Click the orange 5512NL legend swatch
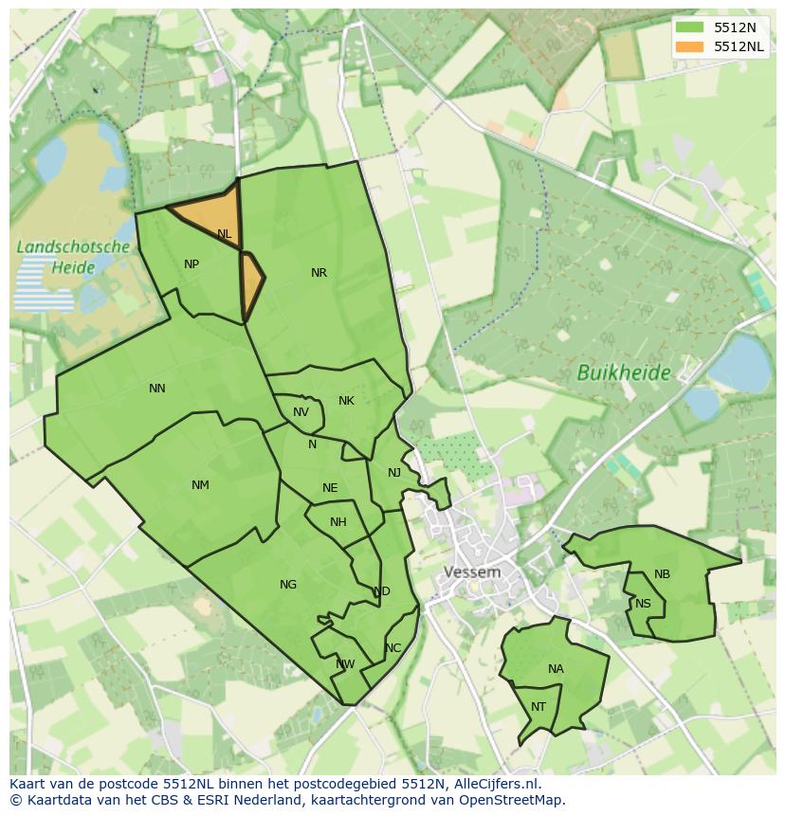pyautogui.click(x=690, y=46)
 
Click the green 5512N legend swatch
pyautogui.click(x=690, y=27)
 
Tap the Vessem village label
pyautogui.click(x=472, y=572)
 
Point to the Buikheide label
pyautogui.click(x=623, y=372)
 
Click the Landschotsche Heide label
pyautogui.click(x=73, y=257)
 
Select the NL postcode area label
pyautogui.click(x=224, y=233)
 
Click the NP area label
pyautogui.click(x=192, y=264)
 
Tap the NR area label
pyautogui.click(x=319, y=273)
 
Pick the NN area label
pyautogui.click(x=157, y=388)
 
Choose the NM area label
pyautogui.click(x=200, y=485)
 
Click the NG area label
pyautogui.click(x=288, y=585)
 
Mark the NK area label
pyautogui.click(x=346, y=401)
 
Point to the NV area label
pyautogui.click(x=301, y=412)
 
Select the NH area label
pyautogui.click(x=338, y=522)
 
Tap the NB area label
pyautogui.click(x=662, y=574)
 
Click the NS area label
pyautogui.click(x=643, y=604)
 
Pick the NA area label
pyautogui.click(x=556, y=669)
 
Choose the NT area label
pyautogui.click(x=539, y=707)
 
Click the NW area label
pyautogui.click(x=345, y=664)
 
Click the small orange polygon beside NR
pyautogui.click(x=251, y=284)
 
